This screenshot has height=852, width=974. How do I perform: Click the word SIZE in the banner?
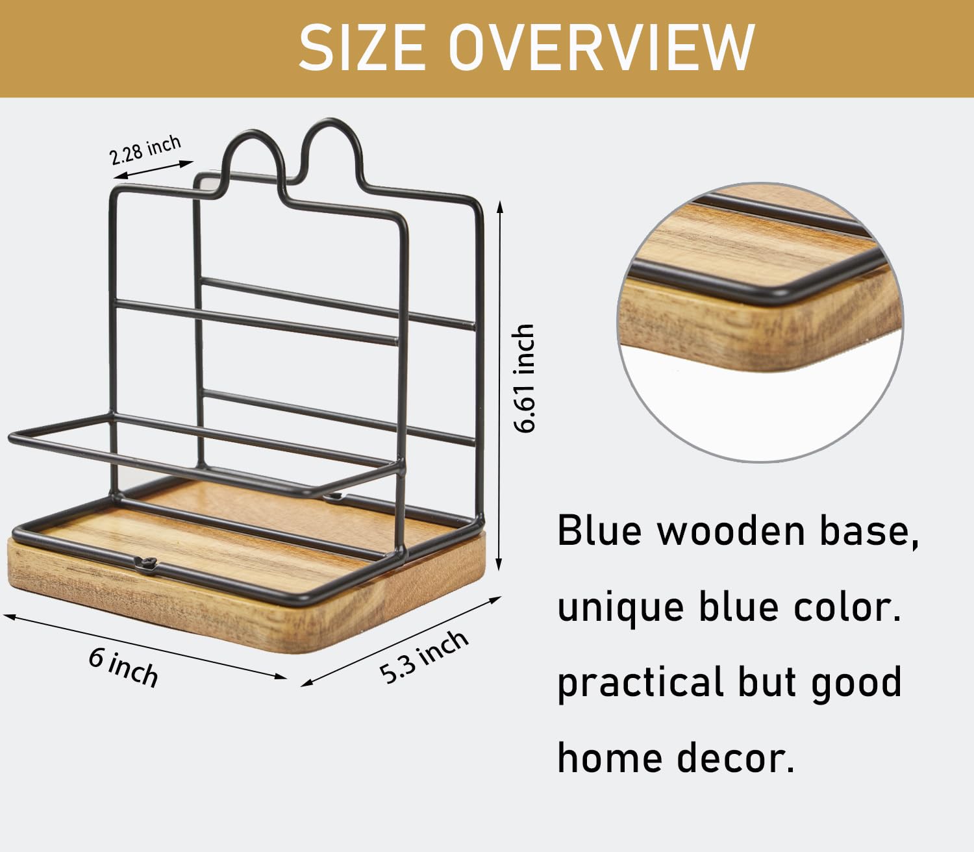[x=362, y=48]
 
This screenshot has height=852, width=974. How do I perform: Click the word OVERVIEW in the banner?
[x=602, y=48]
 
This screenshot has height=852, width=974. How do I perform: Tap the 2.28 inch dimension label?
[x=145, y=149]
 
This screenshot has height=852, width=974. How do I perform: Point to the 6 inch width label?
[x=123, y=668]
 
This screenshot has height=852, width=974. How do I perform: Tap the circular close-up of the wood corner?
[x=760, y=322]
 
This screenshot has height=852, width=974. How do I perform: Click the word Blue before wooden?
[x=600, y=531]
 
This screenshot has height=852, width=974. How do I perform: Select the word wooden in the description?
[x=730, y=531]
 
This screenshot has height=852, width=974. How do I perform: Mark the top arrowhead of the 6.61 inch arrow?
[x=499, y=207]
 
